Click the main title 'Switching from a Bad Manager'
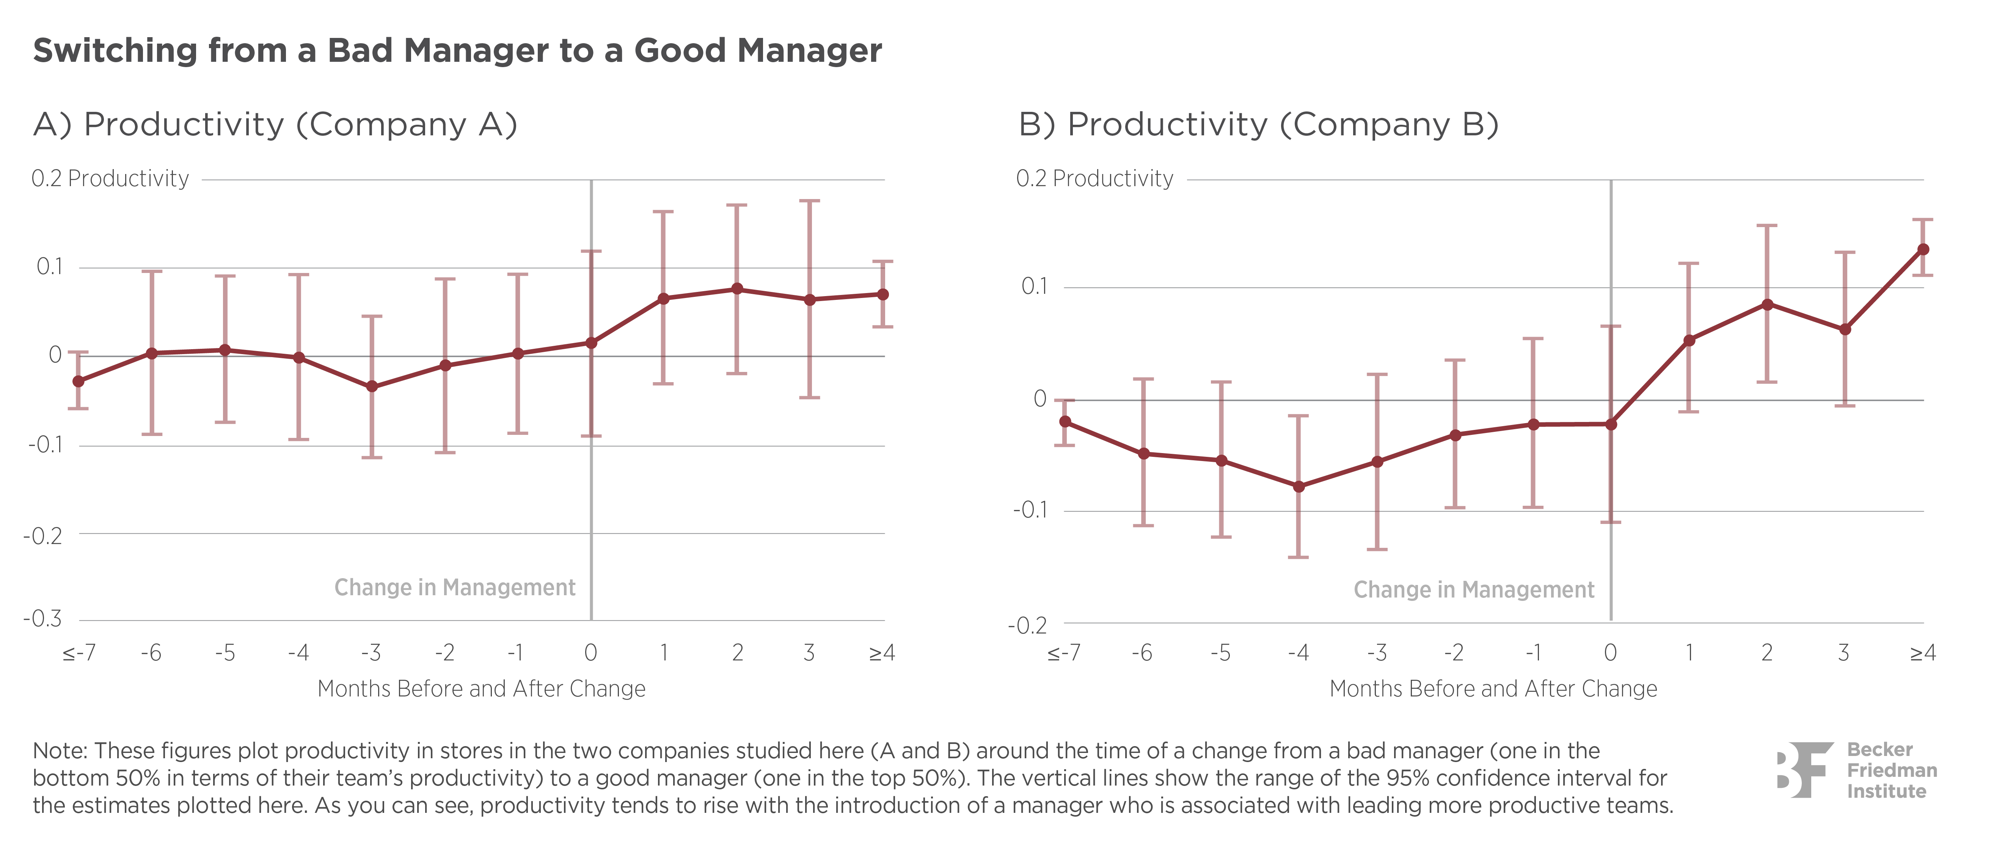(457, 50)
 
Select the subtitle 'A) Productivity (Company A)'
(275, 124)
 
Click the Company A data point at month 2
(737, 289)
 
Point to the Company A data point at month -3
(372, 386)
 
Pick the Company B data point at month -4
(1298, 486)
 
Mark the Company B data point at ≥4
(1923, 249)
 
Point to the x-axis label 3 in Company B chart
(1843, 652)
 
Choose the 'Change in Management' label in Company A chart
(455, 587)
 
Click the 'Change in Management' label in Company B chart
(1473, 590)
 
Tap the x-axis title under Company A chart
(481, 688)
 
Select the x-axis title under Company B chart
(1493, 688)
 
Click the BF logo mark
(1803, 770)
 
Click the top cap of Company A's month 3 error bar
(810, 201)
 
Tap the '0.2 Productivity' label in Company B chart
(1094, 179)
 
